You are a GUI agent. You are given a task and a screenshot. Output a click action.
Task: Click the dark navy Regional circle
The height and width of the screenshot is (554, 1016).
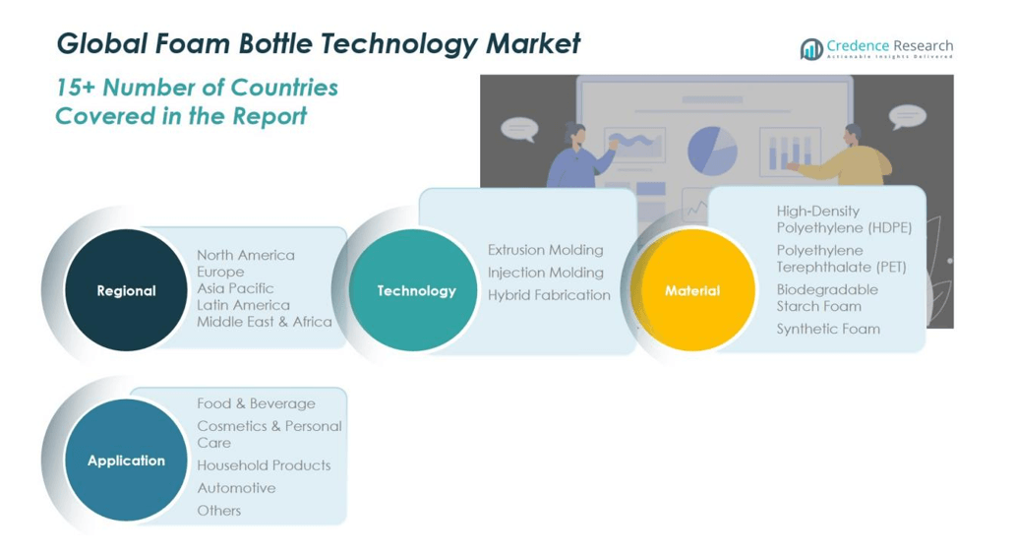tap(126, 290)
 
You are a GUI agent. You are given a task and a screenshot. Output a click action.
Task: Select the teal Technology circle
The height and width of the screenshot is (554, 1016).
tap(416, 290)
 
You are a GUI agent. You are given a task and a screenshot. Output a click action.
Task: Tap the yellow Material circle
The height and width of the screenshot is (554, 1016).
tap(692, 290)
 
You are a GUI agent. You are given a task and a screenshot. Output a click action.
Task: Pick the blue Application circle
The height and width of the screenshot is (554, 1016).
tap(126, 461)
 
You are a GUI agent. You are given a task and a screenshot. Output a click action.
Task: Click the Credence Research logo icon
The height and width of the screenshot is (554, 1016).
tap(811, 49)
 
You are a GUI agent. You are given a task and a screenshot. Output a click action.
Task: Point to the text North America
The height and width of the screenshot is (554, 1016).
tap(245, 255)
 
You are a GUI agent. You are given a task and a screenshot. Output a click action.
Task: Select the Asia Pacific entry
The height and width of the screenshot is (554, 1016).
tap(235, 288)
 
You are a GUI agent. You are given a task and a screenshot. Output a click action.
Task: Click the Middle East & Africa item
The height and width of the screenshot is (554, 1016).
tap(264, 322)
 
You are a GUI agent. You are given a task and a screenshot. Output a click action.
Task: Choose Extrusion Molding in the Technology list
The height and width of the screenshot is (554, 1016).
tap(545, 250)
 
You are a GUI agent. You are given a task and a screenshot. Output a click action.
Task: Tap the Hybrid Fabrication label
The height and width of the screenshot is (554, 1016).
tap(549, 294)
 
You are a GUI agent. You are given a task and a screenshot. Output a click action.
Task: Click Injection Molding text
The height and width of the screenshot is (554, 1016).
tap(545, 273)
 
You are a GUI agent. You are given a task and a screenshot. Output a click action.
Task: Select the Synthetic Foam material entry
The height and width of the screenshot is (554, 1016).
tap(828, 329)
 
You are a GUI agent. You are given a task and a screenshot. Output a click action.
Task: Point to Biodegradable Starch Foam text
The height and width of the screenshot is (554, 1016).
tap(826, 297)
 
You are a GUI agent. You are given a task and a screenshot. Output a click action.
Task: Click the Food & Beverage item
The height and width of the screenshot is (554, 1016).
tap(256, 403)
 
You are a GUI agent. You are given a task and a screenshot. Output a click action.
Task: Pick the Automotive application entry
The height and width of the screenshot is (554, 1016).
tap(236, 488)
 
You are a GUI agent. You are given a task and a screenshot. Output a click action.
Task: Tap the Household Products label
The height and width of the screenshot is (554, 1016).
tap(264, 465)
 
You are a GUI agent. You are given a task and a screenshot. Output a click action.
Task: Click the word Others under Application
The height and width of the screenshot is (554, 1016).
tap(218, 511)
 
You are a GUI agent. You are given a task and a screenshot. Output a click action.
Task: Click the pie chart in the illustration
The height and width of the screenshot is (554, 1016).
tap(712, 150)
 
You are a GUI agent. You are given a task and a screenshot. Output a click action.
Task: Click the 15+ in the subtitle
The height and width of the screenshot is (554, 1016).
tap(75, 88)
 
